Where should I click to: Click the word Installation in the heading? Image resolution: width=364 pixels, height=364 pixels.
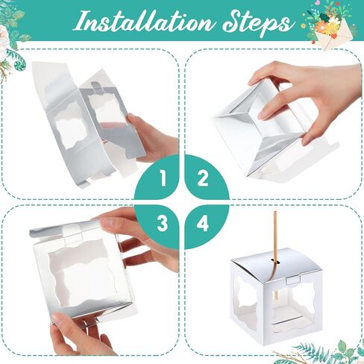145,22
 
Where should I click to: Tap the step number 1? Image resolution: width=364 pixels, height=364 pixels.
163,178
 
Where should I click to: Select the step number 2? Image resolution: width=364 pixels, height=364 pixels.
202,178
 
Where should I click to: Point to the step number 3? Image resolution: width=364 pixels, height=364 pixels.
163,223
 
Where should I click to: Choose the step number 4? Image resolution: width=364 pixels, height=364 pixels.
202,223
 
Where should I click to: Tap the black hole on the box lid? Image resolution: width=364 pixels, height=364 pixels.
274,261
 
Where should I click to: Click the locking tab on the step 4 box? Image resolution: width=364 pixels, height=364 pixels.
293,280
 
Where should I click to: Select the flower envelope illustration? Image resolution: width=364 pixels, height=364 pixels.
328,30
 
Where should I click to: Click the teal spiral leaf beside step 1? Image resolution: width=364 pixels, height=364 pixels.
19,65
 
